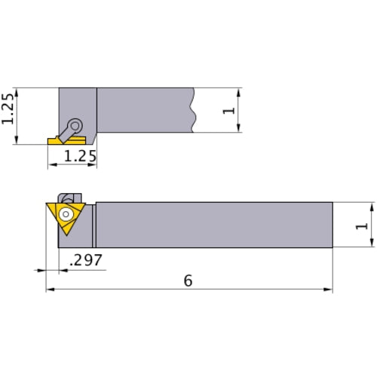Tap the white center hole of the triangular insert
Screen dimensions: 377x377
coord(66,213)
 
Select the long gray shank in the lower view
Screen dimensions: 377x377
coord(215,224)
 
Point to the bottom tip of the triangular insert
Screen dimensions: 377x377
coord(65,235)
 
